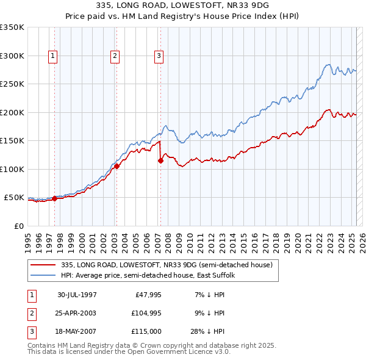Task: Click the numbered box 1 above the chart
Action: [x=53, y=56]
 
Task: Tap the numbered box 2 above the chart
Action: [x=115, y=56]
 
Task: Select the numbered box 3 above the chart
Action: [x=159, y=56]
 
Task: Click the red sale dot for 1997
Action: [x=54, y=198]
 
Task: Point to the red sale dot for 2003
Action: [x=117, y=166]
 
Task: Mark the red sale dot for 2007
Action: [x=160, y=161]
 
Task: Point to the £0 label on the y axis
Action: [x=18, y=226]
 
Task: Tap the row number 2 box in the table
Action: [x=30, y=313]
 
